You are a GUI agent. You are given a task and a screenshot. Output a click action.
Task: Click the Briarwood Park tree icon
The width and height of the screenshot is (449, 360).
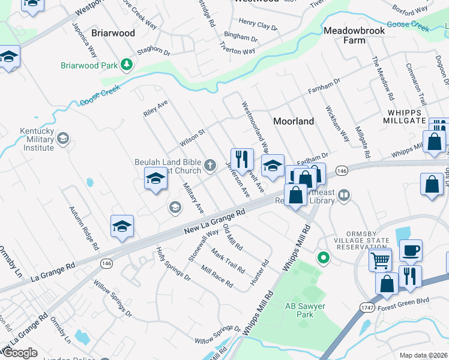[126, 64]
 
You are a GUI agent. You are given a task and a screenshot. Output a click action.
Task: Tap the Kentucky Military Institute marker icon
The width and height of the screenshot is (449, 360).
[63, 140]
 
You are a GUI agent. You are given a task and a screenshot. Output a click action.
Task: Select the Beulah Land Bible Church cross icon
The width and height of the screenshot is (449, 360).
[210, 164]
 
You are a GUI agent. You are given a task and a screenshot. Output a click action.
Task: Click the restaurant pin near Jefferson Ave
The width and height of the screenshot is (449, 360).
[242, 160]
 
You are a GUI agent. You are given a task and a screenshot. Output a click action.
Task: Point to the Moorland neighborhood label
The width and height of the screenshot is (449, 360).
[294, 121]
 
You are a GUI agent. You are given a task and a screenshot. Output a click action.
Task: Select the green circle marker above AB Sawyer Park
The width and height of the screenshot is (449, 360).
[324, 259]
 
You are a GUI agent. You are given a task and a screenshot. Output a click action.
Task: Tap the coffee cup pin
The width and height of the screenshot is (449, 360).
[411, 250]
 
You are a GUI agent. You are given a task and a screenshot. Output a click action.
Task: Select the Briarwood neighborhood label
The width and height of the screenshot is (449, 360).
[113, 33]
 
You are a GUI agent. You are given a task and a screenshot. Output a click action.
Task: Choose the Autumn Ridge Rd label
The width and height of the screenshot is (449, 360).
[84, 228]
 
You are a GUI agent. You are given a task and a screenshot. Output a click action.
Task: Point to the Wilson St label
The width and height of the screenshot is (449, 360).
[193, 139]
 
